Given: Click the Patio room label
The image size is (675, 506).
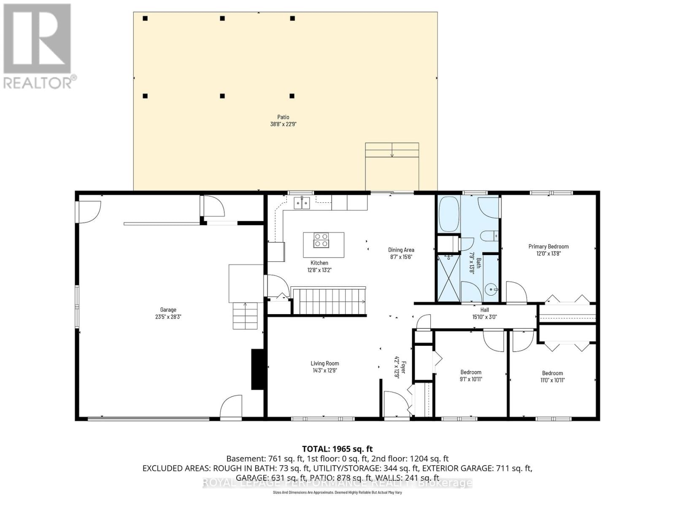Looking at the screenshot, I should click(283, 117).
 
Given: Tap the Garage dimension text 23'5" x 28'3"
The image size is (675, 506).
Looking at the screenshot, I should click(168, 317).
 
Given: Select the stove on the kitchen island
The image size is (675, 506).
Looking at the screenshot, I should click(321, 240).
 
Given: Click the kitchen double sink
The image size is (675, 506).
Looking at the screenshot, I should click(302, 203).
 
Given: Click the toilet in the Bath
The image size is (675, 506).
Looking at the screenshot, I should click(489, 236).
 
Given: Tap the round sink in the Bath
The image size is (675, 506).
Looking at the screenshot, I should click(490, 290).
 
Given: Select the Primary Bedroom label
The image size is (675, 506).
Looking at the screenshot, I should click(548, 246).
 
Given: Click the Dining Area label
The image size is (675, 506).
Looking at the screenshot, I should click(401, 250).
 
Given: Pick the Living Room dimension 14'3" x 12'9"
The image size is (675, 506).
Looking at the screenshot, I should click(324, 371).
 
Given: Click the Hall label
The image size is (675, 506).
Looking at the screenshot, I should click(484, 310).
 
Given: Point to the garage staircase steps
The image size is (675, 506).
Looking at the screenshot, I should click(245, 316).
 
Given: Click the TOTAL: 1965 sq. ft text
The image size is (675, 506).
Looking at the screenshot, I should click(337, 449).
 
